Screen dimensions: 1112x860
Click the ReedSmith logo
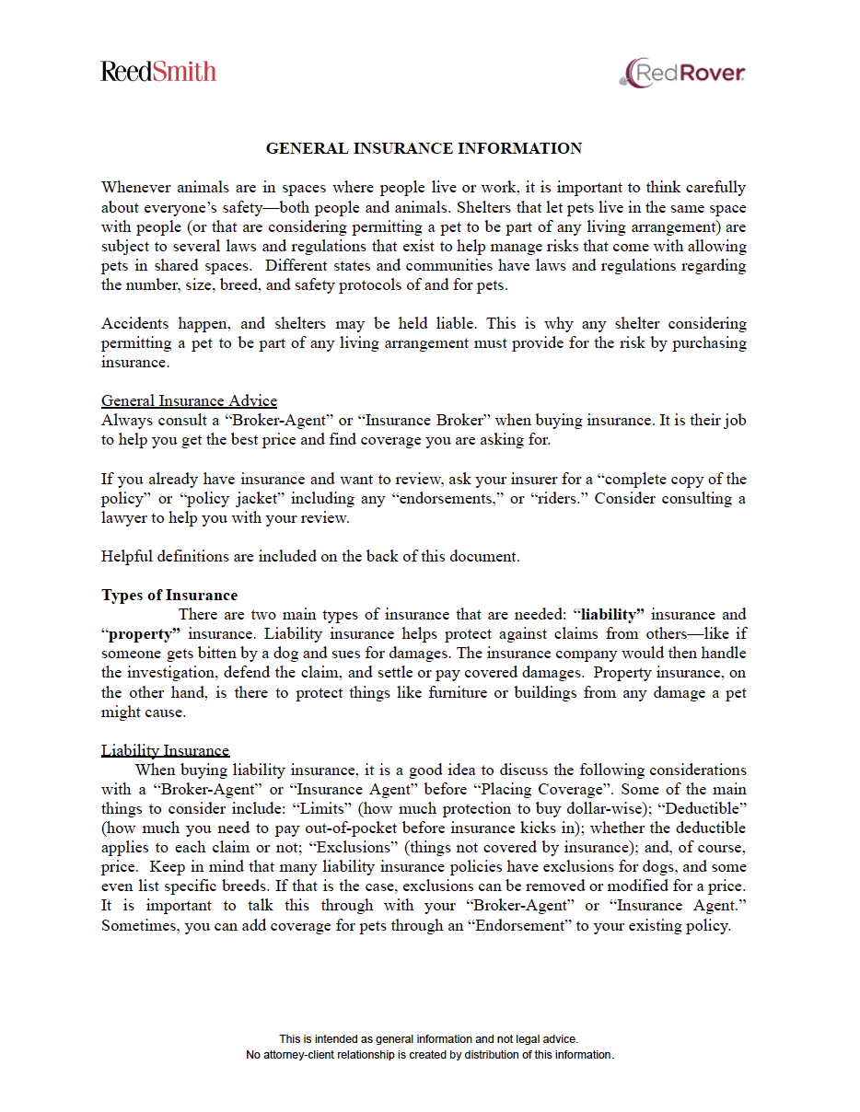[158, 72]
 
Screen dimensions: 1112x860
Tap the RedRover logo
[682, 73]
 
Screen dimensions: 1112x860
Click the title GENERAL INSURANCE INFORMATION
[424, 148]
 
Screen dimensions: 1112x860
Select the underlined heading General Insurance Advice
[189, 400]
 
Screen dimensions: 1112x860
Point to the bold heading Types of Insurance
[169, 595]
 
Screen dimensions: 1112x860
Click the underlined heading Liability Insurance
[165, 750]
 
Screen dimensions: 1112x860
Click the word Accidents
[134, 323]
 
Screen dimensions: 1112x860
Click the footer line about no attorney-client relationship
[429, 1055]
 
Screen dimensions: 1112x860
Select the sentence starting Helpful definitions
[310, 556]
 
